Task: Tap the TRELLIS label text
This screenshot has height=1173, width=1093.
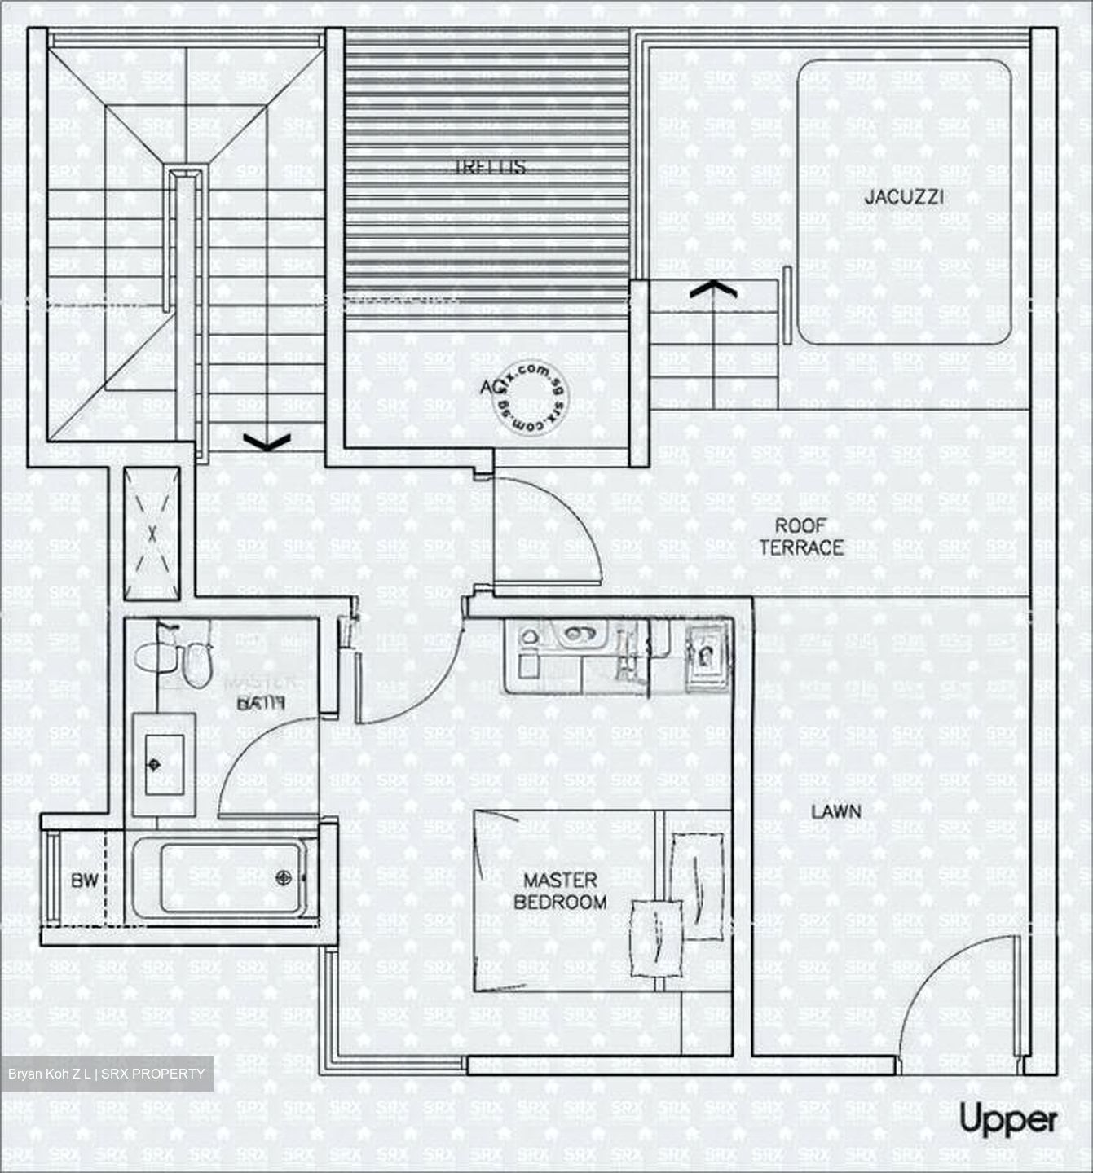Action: pyautogui.click(x=489, y=167)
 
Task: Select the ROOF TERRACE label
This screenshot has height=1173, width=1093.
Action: pyautogui.click(x=801, y=537)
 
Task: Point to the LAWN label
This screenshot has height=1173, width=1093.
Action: pyautogui.click(x=835, y=811)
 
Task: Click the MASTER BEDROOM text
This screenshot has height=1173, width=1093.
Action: pyautogui.click(x=560, y=891)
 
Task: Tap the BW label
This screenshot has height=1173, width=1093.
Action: pyautogui.click(x=84, y=881)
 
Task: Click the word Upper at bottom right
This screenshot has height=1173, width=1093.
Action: pyautogui.click(x=1007, y=1120)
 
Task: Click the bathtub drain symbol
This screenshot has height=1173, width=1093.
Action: pyautogui.click(x=283, y=877)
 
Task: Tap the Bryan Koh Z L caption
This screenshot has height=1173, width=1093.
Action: pyautogui.click(x=106, y=1074)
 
